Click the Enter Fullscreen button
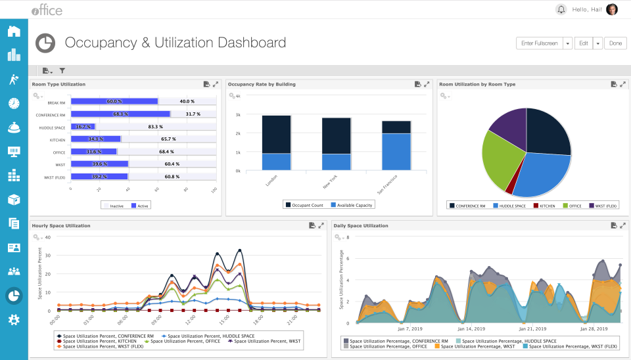(539, 43)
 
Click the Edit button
(583, 43)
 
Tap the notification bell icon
(561, 9)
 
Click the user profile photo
(611, 9)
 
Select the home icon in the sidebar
(14, 31)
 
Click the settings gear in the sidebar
(14, 320)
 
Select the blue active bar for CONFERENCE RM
(120, 114)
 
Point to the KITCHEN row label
(57, 140)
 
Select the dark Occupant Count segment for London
(276, 135)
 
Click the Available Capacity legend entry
(352, 205)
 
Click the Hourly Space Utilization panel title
(61, 225)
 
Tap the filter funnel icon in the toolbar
(62, 70)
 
